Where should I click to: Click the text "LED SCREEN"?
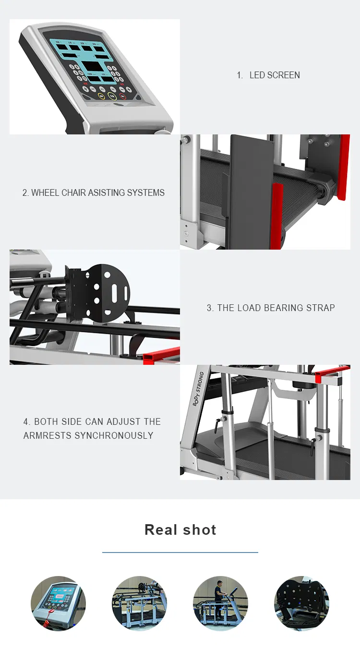(275, 75)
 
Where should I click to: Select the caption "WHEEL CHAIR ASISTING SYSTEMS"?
(93, 193)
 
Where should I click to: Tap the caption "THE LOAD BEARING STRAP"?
(271, 308)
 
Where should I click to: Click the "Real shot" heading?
(180, 530)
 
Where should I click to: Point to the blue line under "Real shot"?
(180, 553)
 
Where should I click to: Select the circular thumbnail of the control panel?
(58, 603)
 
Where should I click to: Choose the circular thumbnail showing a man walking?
(220, 603)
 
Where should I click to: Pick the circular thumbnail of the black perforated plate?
(301, 603)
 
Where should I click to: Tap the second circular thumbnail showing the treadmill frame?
(139, 603)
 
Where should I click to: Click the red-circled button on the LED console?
(123, 96)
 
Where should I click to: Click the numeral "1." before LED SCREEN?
(240, 75)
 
